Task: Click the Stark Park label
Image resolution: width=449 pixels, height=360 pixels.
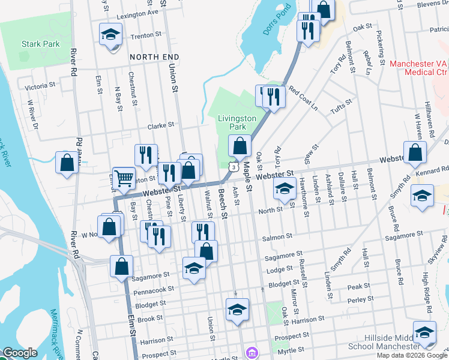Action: [41, 44]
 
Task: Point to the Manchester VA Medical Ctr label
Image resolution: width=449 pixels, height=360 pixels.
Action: [419, 68]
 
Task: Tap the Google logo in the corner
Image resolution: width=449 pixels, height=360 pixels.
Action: [20, 353]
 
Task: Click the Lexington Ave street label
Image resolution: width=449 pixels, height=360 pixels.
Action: [137, 12]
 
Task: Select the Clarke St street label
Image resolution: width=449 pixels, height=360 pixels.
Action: [161, 125]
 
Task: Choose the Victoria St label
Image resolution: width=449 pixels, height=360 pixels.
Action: [41, 86]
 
